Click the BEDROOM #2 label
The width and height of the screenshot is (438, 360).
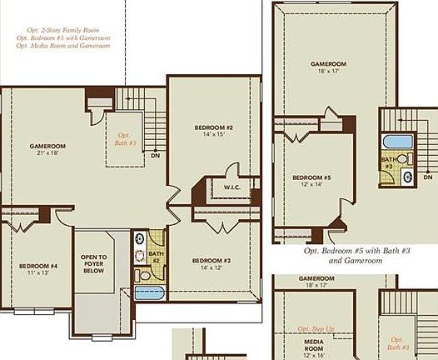pos(214,127)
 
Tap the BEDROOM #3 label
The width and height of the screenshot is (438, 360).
pos(212,260)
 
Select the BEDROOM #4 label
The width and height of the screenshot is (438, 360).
pos(37,266)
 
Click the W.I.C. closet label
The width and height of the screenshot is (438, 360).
pos(232,187)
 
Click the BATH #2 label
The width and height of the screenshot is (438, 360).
pos(155,257)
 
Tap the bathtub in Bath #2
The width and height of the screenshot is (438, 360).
pos(151,292)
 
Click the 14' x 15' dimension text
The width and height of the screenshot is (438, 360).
pos(214,134)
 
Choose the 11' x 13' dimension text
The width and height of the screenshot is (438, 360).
pos(37,273)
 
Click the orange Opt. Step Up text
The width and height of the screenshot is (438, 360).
pos(316,329)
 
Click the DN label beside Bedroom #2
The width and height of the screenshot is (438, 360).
pos(155,155)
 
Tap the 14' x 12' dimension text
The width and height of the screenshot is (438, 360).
pos(212,267)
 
